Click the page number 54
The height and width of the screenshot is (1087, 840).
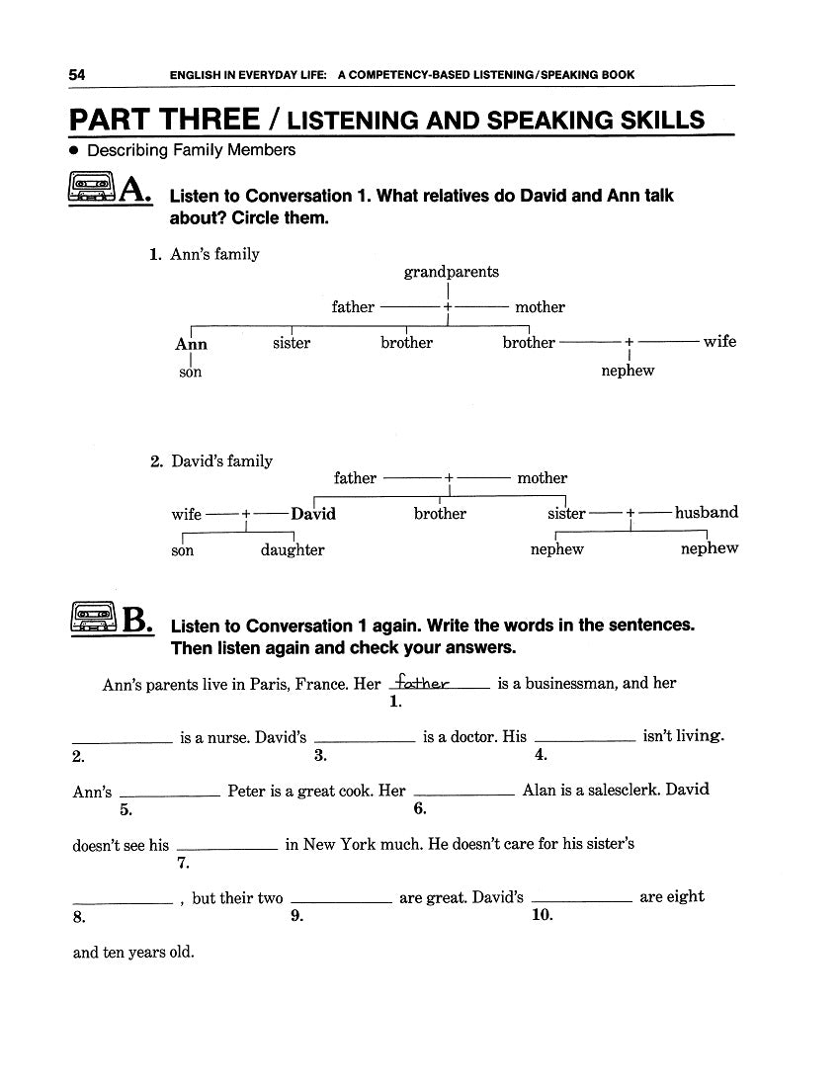(77, 74)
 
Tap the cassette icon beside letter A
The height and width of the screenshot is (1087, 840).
(94, 189)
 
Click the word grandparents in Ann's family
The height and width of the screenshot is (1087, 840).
(452, 272)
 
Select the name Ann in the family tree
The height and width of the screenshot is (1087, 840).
(191, 344)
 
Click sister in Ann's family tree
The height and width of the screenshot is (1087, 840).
(292, 343)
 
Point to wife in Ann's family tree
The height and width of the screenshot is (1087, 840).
(719, 341)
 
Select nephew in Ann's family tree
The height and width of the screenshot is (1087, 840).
(628, 371)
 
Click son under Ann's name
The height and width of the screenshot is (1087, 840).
(191, 373)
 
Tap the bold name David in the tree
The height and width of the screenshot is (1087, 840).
(313, 514)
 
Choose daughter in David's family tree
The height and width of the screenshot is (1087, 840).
(293, 550)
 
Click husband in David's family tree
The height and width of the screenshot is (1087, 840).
(707, 513)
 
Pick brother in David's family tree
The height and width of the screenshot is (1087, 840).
(440, 514)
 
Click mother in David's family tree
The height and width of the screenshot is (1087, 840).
(543, 478)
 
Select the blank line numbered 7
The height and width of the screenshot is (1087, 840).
(227, 848)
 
